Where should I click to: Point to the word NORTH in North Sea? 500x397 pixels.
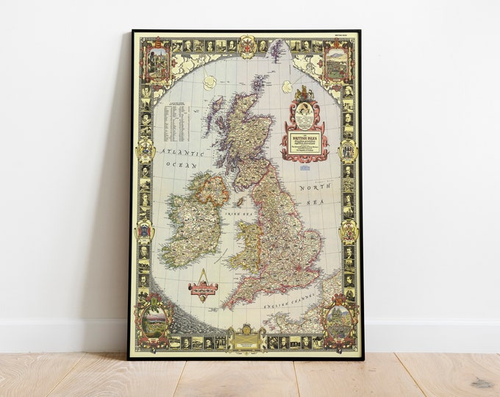(x=312, y=188)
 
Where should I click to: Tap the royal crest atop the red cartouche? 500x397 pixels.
(x=304, y=94)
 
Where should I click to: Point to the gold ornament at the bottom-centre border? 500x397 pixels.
(x=246, y=339)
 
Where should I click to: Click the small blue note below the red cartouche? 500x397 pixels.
(x=304, y=168)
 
